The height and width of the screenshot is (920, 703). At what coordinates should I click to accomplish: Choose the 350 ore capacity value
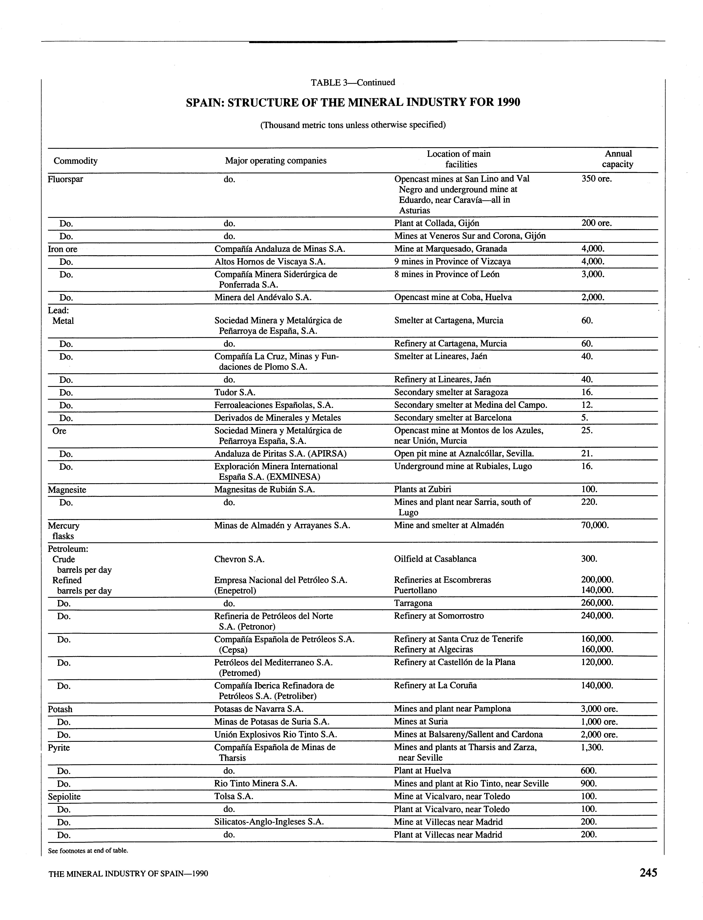[x=596, y=179]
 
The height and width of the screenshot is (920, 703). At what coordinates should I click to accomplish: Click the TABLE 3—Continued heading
[x=353, y=82]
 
